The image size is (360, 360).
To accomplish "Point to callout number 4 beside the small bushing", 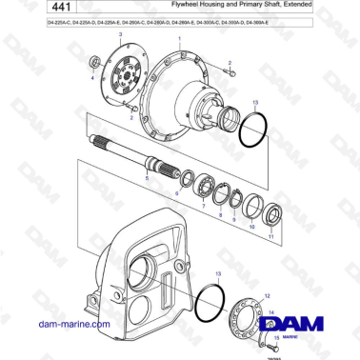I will (x=91, y=78).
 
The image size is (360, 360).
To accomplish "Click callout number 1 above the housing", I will (x=179, y=36).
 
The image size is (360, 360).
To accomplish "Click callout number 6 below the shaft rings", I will (x=176, y=194).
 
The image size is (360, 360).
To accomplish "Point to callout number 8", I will (x=221, y=216).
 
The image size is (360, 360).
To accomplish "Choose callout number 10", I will (x=251, y=229).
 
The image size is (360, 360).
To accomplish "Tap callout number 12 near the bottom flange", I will (x=267, y=296).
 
